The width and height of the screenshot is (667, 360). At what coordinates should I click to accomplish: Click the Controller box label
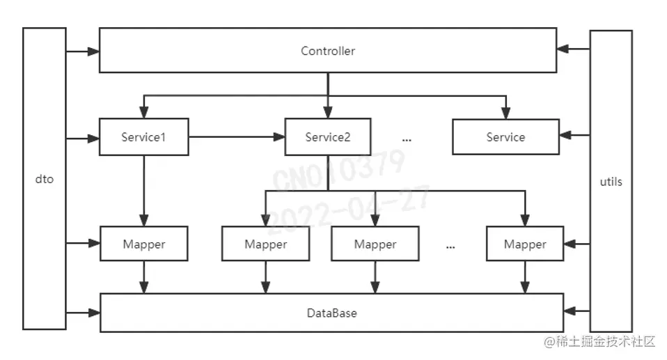(328, 51)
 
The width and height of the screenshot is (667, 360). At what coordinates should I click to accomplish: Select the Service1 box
(143, 137)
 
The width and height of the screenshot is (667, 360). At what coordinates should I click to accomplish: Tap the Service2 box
(327, 137)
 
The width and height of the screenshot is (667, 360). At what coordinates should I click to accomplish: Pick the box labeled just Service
(505, 137)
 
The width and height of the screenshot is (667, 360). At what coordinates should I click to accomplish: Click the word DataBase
(331, 313)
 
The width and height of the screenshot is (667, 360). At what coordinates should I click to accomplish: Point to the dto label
(44, 180)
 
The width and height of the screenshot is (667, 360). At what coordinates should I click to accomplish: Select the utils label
(611, 182)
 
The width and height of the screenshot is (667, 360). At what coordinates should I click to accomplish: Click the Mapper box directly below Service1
(143, 244)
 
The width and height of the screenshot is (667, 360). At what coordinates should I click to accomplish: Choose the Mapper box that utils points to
(524, 244)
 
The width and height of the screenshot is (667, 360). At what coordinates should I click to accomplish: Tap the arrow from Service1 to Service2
(237, 137)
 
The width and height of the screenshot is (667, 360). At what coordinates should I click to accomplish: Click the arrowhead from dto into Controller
(93, 51)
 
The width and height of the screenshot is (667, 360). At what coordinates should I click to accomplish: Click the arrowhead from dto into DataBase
(94, 313)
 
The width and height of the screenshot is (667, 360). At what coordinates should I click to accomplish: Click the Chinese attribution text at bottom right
(600, 341)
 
